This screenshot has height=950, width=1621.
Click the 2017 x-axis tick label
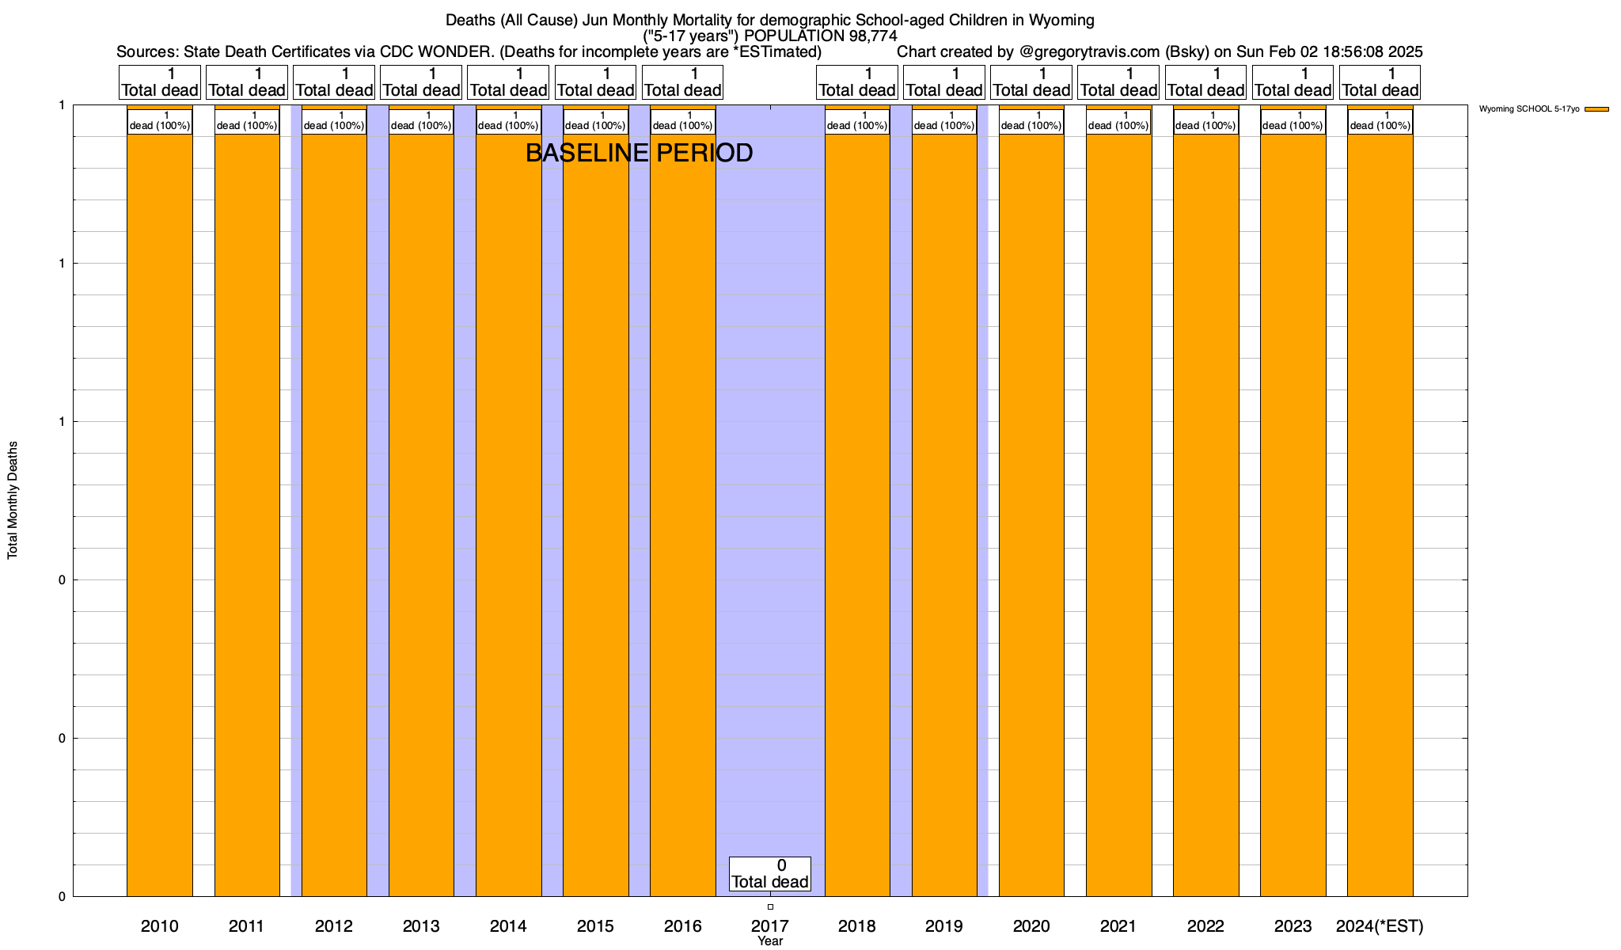tap(769, 925)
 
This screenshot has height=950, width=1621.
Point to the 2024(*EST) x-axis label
tap(1380, 925)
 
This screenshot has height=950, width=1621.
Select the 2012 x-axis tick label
tap(334, 925)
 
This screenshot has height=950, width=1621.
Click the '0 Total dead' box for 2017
tap(769, 874)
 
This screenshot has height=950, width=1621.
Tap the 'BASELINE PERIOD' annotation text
tap(639, 153)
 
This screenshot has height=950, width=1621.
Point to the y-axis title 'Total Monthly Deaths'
tap(13, 500)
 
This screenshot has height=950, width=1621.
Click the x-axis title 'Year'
tap(769, 940)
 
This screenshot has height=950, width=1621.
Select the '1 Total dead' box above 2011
tap(247, 82)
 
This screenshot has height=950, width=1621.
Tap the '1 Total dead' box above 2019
tap(944, 82)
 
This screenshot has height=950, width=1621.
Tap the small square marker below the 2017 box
tap(770, 906)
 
